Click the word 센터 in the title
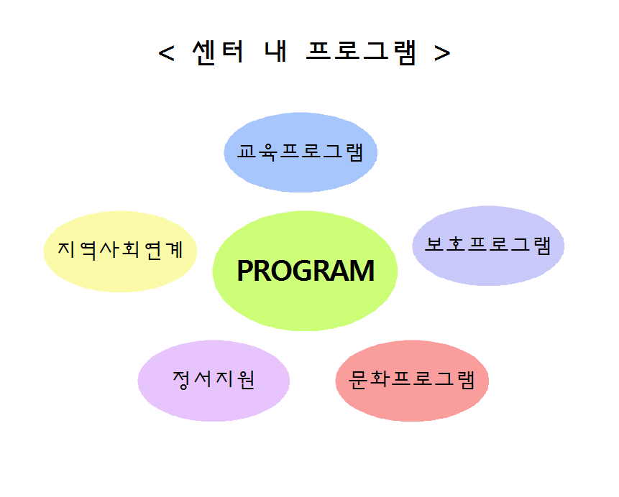click(218, 52)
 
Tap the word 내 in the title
click(275, 51)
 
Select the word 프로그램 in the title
click(361, 52)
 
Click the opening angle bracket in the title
click(166, 53)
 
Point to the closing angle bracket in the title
click(442, 53)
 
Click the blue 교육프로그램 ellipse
click(301, 152)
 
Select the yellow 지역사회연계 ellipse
click(120, 251)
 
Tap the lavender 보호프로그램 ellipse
click(488, 246)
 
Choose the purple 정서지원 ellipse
click(214, 381)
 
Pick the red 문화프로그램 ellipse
click(412, 381)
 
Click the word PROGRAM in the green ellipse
click(306, 271)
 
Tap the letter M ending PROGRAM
click(362, 271)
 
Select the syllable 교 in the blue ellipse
click(247, 151)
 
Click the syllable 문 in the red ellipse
click(358, 380)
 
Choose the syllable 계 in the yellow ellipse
click(174, 250)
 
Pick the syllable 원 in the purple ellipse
click(246, 380)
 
